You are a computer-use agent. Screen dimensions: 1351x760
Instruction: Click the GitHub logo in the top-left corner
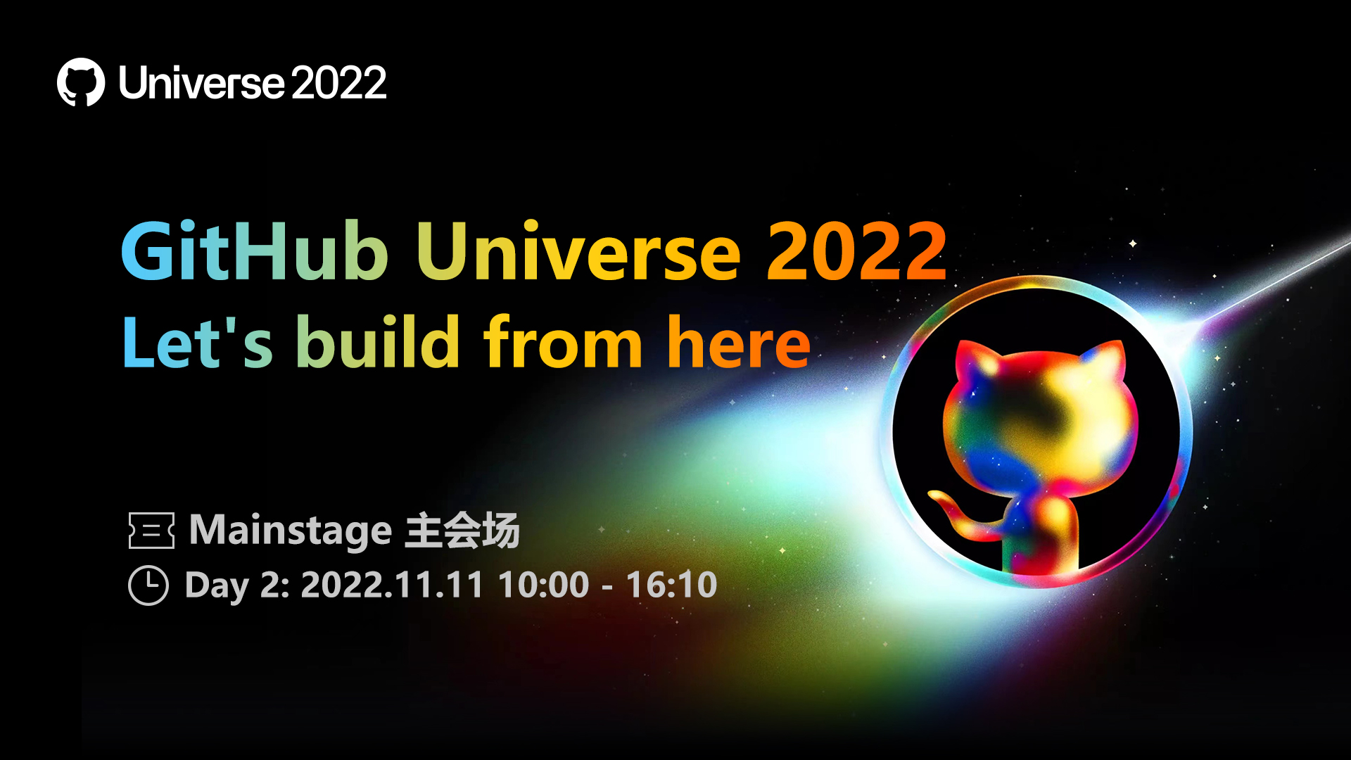(x=81, y=82)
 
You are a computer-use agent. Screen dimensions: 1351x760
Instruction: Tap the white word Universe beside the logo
(x=201, y=83)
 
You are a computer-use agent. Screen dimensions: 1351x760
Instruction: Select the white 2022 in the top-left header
(x=338, y=83)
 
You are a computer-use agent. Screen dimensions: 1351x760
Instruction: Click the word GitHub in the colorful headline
(x=255, y=251)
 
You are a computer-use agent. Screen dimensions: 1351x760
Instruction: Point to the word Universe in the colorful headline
(x=579, y=251)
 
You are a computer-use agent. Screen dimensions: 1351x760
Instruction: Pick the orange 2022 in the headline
(x=856, y=251)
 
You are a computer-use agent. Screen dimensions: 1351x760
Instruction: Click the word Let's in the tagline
(x=198, y=342)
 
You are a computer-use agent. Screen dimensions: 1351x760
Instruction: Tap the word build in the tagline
(x=378, y=342)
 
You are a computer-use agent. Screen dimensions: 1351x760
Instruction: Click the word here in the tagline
(x=739, y=342)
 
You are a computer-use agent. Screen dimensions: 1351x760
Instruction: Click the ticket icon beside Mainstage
(x=151, y=531)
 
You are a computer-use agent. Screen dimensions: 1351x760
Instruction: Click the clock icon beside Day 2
(x=148, y=585)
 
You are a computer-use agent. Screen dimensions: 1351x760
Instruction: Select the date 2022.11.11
(x=392, y=585)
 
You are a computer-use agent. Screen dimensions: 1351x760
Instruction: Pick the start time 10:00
(x=544, y=585)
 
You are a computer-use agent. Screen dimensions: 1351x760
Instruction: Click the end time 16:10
(x=672, y=585)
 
